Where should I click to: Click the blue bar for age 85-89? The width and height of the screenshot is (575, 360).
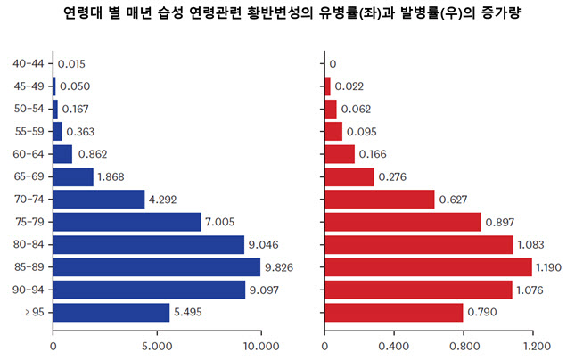point(157,266)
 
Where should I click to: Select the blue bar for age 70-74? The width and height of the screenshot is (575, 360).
point(99,199)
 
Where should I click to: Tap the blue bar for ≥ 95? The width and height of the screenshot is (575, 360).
point(111,312)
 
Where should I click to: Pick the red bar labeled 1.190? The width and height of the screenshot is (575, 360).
point(428,266)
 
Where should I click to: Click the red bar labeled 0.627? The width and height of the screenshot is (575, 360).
point(379,199)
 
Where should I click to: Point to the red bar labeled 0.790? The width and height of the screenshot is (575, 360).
point(393,312)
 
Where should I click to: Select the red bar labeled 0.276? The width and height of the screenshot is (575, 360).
point(349,176)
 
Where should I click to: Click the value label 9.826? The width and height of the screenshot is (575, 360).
point(283,266)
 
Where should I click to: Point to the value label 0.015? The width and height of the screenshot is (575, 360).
point(72,64)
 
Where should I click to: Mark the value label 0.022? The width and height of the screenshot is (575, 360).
point(349,86)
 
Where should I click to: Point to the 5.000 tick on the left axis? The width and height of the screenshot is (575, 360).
point(157,345)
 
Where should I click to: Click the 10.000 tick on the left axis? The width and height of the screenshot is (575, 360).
point(260,345)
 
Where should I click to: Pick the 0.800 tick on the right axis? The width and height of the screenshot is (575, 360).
point(464,345)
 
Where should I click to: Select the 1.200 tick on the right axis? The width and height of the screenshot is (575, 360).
point(533,345)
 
